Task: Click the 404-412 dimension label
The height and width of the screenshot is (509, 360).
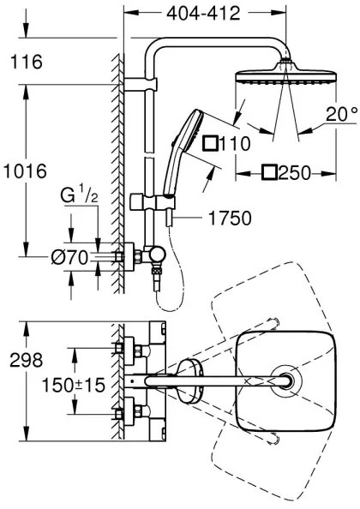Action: [x=203, y=14]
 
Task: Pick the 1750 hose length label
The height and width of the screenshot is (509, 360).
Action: [x=229, y=219]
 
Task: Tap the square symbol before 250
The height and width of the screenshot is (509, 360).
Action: [x=270, y=172]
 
